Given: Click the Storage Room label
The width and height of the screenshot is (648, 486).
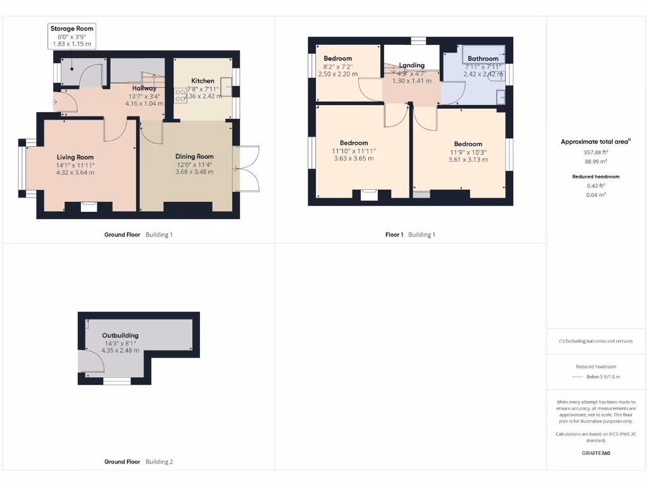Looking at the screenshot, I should [72, 28].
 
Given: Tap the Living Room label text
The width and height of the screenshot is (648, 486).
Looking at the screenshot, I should [75, 157].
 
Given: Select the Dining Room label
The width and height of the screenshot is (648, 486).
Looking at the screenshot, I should [194, 156].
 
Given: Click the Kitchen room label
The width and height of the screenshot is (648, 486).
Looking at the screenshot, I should [203, 81].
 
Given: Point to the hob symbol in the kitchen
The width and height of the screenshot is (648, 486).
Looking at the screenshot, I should [180, 96].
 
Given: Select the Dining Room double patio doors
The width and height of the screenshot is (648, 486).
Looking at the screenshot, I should [246, 168].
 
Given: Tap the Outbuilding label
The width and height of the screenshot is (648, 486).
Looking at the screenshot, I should [120, 335].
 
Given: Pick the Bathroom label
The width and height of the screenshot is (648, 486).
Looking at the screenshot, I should [483, 59].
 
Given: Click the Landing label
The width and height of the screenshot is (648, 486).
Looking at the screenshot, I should [412, 65].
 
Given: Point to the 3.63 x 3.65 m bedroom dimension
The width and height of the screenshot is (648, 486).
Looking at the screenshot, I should [354, 158].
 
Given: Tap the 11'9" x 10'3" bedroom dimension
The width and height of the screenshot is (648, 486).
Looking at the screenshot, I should [468, 152].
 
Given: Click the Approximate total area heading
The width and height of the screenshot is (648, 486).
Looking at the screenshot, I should [595, 142].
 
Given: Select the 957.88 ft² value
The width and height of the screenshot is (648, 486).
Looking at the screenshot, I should [595, 152].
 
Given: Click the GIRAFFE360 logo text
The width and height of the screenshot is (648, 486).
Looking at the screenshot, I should [595, 453].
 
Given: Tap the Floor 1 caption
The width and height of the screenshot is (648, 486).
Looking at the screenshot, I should [394, 235].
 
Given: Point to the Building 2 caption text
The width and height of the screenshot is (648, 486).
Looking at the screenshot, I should [159, 462].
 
